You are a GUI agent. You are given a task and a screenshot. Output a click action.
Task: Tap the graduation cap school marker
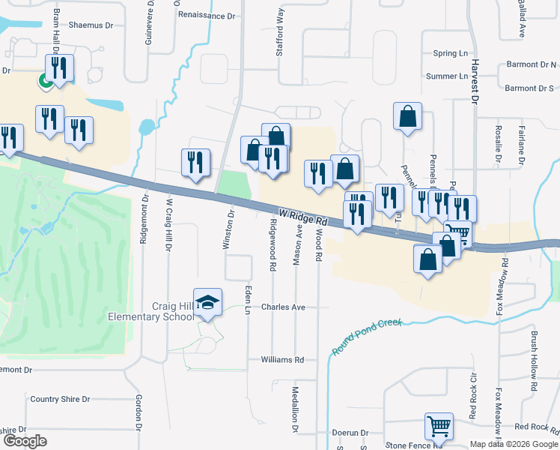[208, 302]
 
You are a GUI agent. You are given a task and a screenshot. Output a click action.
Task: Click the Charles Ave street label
[283, 307]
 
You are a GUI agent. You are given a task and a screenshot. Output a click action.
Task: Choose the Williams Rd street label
[282, 360]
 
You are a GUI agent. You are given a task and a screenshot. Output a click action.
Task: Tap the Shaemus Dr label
[91, 25]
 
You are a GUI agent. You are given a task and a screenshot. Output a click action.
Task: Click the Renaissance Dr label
[207, 15]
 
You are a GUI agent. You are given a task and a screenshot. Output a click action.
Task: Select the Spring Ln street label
[450, 54]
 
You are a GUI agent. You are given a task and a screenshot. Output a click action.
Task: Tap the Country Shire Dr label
[60, 399]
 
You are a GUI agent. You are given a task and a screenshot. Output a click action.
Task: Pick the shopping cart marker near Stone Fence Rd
[439, 426]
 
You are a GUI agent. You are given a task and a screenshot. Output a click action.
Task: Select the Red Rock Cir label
[472, 406]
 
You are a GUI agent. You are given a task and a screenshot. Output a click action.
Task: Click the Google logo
[25, 441]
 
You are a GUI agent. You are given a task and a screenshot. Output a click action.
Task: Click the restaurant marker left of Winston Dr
[195, 163]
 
